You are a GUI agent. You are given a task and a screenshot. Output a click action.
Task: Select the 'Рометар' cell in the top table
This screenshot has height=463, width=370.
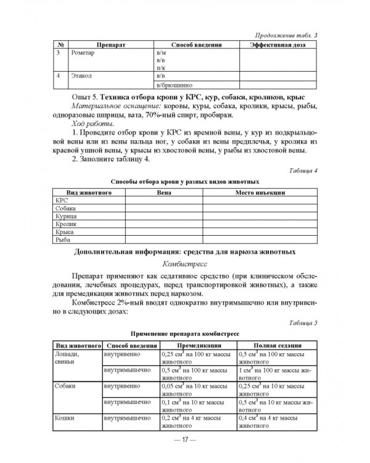[83, 54]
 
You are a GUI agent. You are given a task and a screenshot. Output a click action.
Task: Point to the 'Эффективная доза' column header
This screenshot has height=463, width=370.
[277, 46]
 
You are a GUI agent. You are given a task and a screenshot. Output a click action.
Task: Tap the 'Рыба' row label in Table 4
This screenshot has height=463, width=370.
[64, 239]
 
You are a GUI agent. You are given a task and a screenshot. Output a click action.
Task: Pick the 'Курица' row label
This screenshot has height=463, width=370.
[66, 216]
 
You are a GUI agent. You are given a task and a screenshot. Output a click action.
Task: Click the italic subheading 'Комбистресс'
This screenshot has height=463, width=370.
[184, 263]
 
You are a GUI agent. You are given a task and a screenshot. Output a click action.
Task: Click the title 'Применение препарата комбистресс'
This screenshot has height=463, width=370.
[185, 333]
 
